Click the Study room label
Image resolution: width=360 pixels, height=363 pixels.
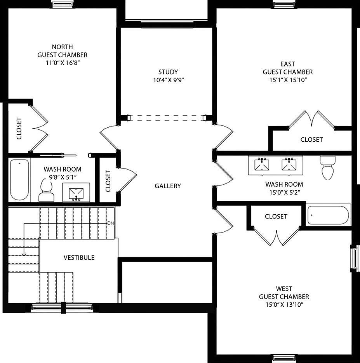click(x=168, y=72)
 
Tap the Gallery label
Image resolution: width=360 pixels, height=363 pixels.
click(x=168, y=186)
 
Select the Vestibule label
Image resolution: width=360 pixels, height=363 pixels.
click(x=79, y=257)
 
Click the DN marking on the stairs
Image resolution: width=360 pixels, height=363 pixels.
click(x=111, y=223)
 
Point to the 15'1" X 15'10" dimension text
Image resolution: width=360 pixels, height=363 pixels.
click(x=287, y=80)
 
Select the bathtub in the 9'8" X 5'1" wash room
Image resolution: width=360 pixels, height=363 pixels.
click(x=19, y=179)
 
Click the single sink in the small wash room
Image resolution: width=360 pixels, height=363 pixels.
click(x=76, y=193)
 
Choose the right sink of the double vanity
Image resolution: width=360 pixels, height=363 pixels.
click(x=289, y=165)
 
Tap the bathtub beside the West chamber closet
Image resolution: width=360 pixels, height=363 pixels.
click(x=329, y=215)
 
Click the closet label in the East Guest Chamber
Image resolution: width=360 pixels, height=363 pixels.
click(x=311, y=139)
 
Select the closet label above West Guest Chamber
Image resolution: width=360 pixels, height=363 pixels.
click(x=276, y=216)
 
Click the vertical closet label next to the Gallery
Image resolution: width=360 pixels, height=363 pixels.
click(x=108, y=181)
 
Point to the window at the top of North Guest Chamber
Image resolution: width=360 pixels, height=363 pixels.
click(x=63, y=5)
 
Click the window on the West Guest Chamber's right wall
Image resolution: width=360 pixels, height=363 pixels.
click(x=354, y=258)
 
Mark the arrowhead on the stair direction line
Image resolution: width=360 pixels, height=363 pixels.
click(x=24, y=254)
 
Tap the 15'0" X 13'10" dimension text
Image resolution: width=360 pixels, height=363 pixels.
click(x=284, y=305)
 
